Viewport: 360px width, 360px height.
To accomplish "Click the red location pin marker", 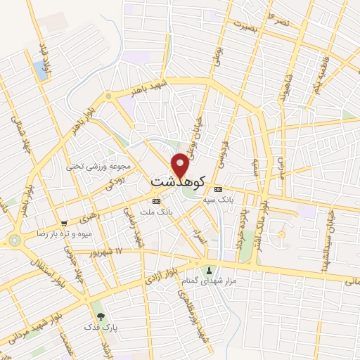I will pos(181,164).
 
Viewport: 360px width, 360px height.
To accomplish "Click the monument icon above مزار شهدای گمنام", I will pos(208,271).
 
